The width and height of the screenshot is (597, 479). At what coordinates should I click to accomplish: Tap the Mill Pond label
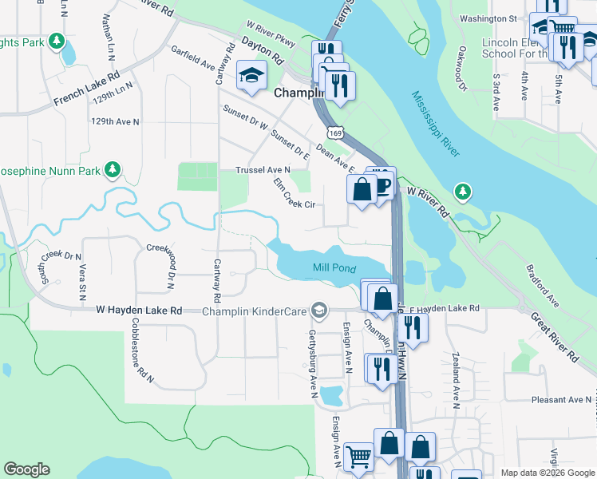click(x=334, y=269)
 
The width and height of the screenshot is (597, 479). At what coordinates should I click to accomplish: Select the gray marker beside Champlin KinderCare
click(x=319, y=310)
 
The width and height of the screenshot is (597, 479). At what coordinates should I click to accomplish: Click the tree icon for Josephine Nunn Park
click(x=113, y=169)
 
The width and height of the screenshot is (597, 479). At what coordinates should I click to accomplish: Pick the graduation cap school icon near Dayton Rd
click(x=251, y=75)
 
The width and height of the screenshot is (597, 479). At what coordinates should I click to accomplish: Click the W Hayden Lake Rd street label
click(x=140, y=310)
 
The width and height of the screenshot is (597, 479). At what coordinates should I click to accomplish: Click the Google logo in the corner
click(x=27, y=469)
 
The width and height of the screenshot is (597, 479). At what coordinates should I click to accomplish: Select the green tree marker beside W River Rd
click(x=462, y=192)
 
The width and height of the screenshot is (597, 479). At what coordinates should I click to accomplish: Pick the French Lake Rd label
click(x=87, y=88)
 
